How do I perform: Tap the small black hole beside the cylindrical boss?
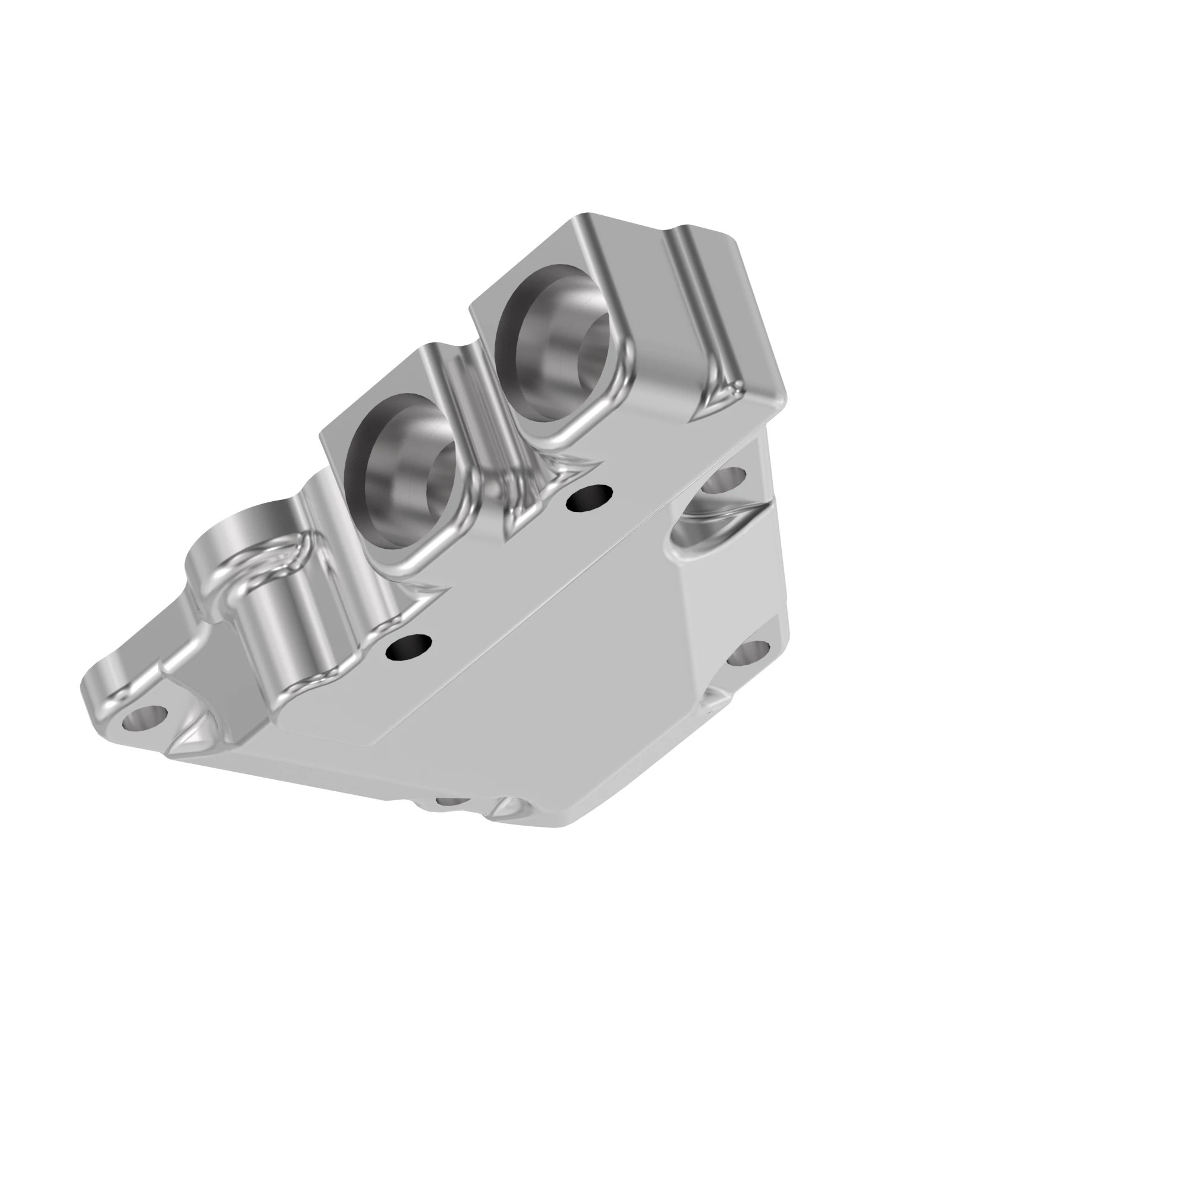(x=408, y=647)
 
